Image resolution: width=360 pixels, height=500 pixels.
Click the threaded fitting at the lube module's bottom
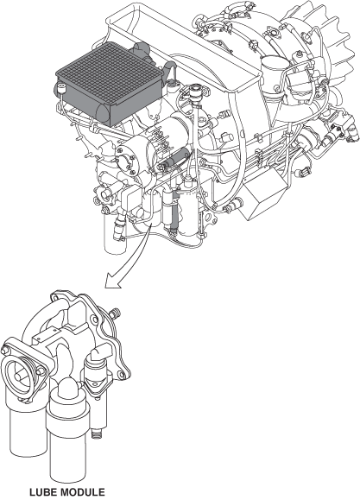[96, 434]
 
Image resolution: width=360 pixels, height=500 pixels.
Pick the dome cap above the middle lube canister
[68, 387]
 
